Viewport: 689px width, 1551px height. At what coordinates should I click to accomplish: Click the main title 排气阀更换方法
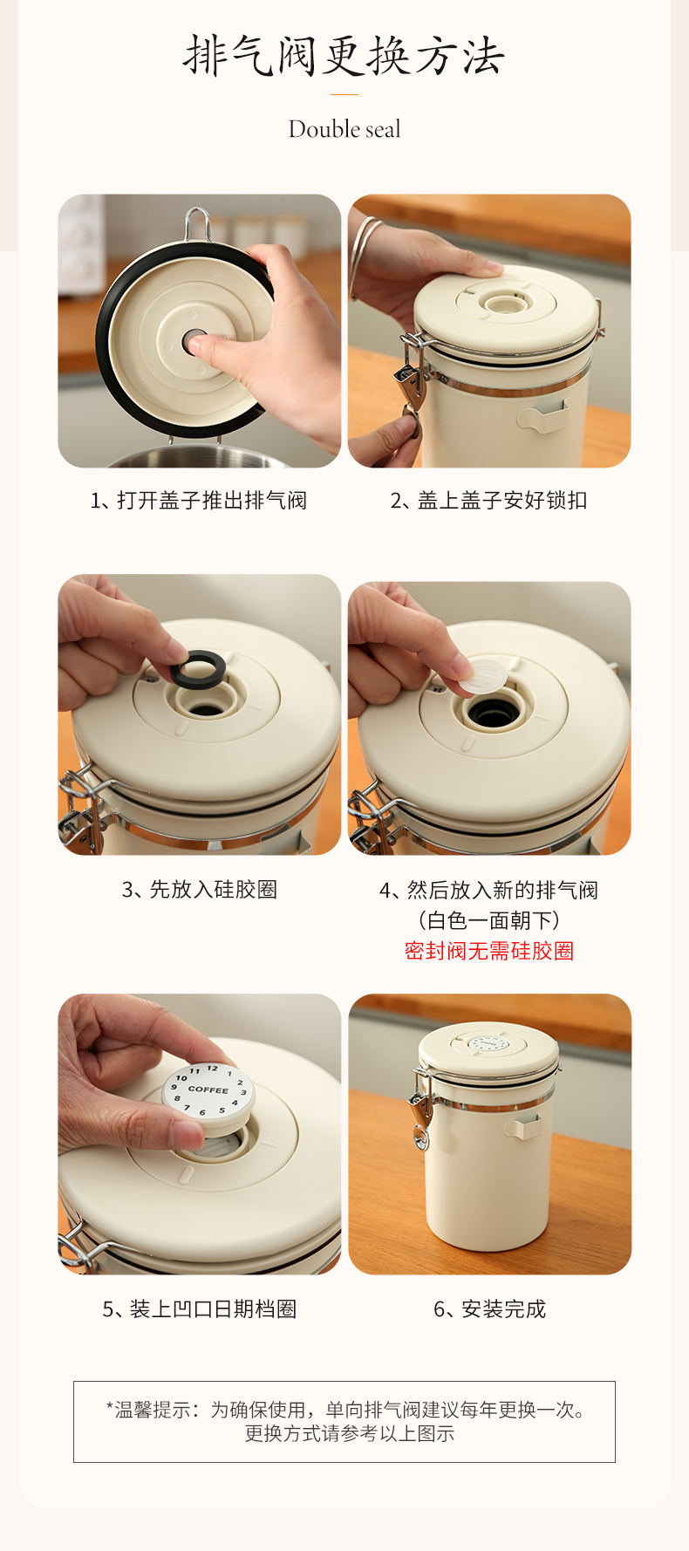[x=344, y=57]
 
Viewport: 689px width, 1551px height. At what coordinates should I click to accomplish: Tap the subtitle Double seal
[x=344, y=129]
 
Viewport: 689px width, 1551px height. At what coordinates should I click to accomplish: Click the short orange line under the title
[x=344, y=94]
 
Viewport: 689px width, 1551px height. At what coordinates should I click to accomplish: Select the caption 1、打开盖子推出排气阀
[x=199, y=501]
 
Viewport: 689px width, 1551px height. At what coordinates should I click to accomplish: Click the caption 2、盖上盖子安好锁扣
[x=488, y=501]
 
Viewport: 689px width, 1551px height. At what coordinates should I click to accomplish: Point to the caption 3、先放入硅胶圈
[x=199, y=890]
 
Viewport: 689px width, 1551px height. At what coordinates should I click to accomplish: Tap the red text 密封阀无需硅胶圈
[x=489, y=951]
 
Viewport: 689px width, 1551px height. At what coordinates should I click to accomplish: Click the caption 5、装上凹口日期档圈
[x=199, y=1309]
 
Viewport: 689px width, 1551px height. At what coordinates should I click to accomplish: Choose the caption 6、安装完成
[x=489, y=1309]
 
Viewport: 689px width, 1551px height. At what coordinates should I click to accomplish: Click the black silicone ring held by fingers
[x=197, y=670]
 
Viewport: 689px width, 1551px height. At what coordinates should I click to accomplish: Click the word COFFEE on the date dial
[x=208, y=1090]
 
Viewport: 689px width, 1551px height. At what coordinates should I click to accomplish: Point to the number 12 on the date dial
[x=212, y=1069]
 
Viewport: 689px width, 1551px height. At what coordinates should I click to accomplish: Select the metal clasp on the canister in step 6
[x=420, y=1112]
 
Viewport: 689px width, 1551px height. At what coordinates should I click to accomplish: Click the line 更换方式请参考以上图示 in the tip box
[x=349, y=1433]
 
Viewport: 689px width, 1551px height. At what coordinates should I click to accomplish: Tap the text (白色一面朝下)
[x=489, y=920]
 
